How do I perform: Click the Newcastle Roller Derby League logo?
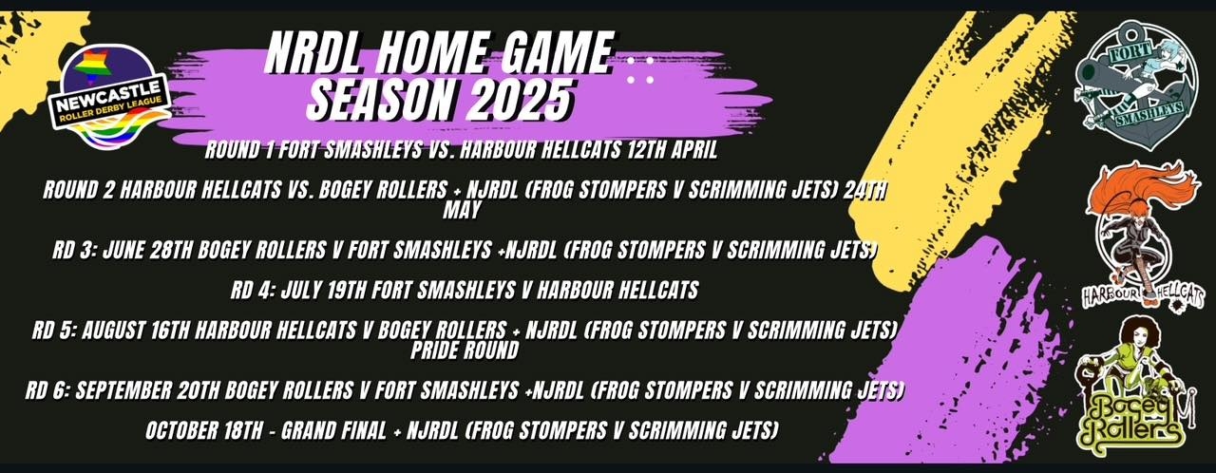tap(112, 98)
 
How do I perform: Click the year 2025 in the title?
tap(522, 101)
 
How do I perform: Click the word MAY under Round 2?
tap(462, 210)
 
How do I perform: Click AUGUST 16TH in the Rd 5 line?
tap(136, 331)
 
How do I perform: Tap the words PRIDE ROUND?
tap(465, 350)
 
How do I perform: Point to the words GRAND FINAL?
tap(333, 430)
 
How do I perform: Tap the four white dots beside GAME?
tap(640, 70)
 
